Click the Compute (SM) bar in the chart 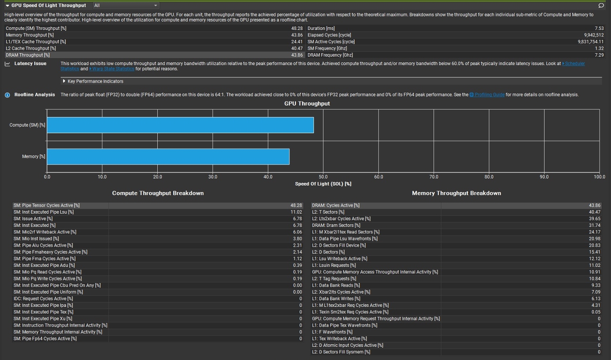(x=180, y=125)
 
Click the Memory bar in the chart (x=168, y=156)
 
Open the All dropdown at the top (x=126, y=5)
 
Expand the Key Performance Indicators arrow (x=64, y=81)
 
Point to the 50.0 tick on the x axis (x=323, y=177)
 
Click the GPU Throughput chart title (x=307, y=103)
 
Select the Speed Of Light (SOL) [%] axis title (x=323, y=184)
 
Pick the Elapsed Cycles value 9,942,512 (x=593, y=35)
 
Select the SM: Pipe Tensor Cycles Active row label (x=47, y=205)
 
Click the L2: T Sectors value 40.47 (x=594, y=212)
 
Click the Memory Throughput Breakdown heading (x=456, y=193)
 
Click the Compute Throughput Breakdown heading (x=158, y=193)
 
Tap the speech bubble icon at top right (x=601, y=5)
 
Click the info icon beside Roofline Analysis (x=7, y=95)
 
